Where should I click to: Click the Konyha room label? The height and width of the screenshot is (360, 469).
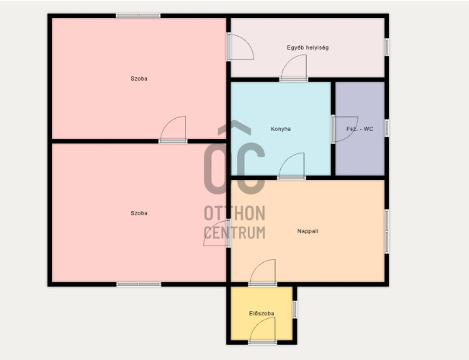pyautogui.click(x=280, y=129)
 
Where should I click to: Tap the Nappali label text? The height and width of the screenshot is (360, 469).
pyautogui.click(x=308, y=231)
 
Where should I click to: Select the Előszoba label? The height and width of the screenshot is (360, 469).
pyautogui.click(x=262, y=313)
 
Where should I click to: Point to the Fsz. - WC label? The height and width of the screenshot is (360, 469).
pyautogui.click(x=359, y=129)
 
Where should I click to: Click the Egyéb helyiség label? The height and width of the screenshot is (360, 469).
pyautogui.click(x=308, y=48)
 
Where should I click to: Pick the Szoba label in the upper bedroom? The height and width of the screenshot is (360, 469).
pyautogui.click(x=139, y=78)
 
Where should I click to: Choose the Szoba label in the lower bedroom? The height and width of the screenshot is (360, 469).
pyautogui.click(x=139, y=213)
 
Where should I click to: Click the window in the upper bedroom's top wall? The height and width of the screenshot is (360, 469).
pyautogui.click(x=138, y=16)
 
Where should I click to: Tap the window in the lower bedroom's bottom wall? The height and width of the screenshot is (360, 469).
pyautogui.click(x=139, y=284)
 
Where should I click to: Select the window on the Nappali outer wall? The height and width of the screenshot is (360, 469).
pyautogui.click(x=387, y=232)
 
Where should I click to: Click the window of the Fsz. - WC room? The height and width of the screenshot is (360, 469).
pyautogui.click(x=387, y=128)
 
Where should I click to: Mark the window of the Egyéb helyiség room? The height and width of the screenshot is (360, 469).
pyautogui.click(x=387, y=47)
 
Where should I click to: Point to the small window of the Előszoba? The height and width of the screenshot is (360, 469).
pyautogui.click(x=295, y=310)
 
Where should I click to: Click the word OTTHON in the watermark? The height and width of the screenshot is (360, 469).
pyautogui.click(x=235, y=213)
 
